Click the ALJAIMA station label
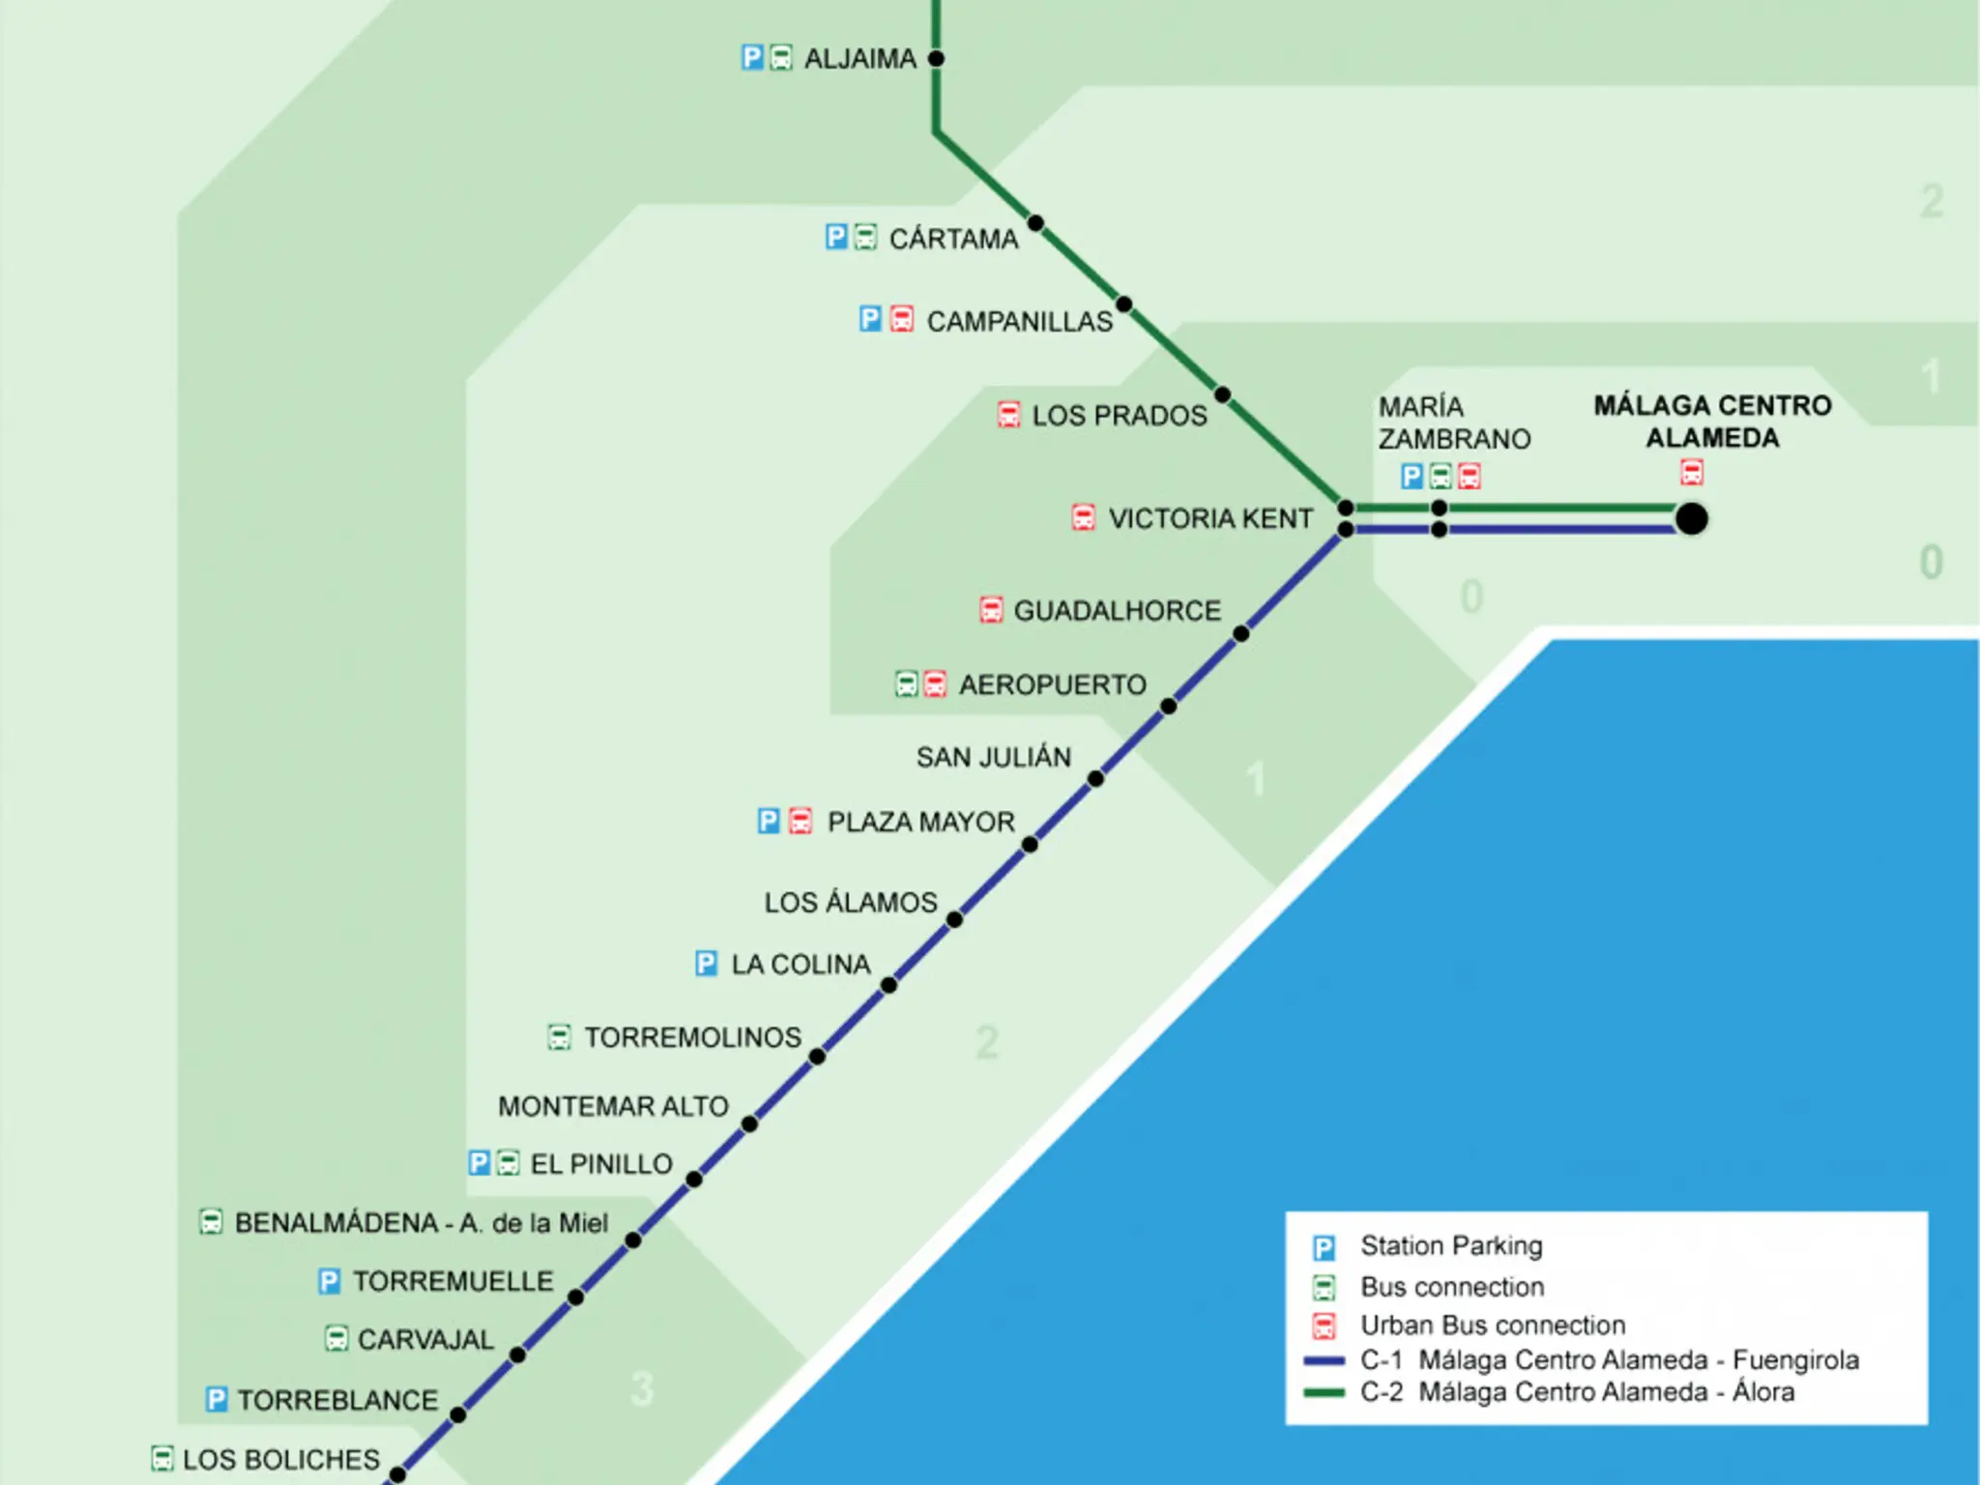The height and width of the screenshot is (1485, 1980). click(860, 59)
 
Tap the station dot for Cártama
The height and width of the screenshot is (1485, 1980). click(1035, 223)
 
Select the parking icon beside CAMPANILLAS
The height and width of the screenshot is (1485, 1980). click(870, 319)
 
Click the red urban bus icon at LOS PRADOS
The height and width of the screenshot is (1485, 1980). click(1008, 415)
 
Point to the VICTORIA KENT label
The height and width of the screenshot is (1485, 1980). click(1210, 519)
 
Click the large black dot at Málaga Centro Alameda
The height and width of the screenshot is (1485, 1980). click(1692, 519)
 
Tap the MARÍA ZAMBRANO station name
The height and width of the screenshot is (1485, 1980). click(1454, 422)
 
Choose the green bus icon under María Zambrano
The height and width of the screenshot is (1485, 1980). click(1441, 476)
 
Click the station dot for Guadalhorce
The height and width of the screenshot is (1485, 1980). click(1241, 634)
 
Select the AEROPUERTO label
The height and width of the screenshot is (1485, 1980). click(1053, 685)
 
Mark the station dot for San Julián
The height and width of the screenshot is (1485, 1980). click(1095, 779)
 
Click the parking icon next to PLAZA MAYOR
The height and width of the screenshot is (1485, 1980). click(768, 821)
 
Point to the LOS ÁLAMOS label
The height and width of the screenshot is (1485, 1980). click(851, 902)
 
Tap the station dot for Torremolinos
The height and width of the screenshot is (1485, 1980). click(817, 1057)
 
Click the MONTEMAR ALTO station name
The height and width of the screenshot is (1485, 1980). click(613, 1106)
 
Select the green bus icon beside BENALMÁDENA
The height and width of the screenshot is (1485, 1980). click(211, 1222)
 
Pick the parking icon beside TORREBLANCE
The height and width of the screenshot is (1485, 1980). click(217, 1399)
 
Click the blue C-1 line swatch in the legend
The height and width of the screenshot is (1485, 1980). click(1325, 1360)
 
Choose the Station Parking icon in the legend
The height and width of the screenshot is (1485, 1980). click(1324, 1247)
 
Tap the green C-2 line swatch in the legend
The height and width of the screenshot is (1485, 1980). click(1325, 1392)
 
